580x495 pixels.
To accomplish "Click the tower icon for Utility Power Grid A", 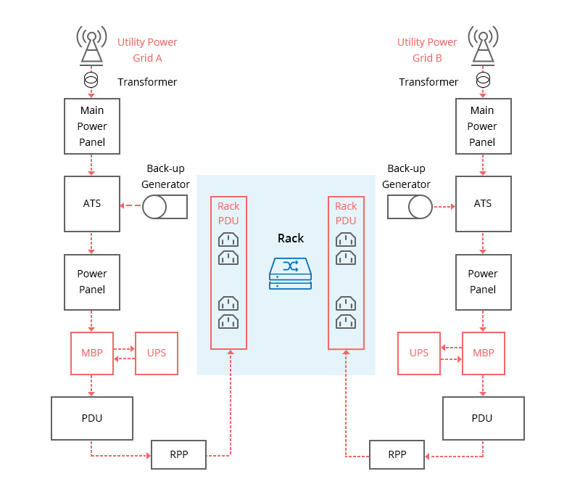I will click(91, 46).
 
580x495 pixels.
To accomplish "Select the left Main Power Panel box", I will click(91, 126).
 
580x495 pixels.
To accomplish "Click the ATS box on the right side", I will click(483, 203).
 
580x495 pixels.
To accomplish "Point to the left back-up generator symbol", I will click(165, 207).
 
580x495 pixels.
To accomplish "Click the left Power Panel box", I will click(91, 282).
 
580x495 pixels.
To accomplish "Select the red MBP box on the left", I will click(91, 353).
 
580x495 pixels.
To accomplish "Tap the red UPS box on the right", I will click(419, 353).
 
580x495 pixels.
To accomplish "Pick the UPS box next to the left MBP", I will click(157, 353).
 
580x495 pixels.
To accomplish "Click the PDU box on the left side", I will click(91, 418).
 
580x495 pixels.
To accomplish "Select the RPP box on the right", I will click(397, 455).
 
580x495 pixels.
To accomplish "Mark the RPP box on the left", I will click(178, 455).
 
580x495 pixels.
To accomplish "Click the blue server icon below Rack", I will click(290, 274).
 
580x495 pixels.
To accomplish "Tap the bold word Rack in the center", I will click(291, 238).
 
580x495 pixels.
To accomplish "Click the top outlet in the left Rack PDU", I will click(228, 240).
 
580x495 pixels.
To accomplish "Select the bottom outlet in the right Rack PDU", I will click(346, 321).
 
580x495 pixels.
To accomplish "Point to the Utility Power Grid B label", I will click(427, 50).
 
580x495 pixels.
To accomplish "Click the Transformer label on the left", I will click(147, 82).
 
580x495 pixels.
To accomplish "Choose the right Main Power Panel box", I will click(483, 126).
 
